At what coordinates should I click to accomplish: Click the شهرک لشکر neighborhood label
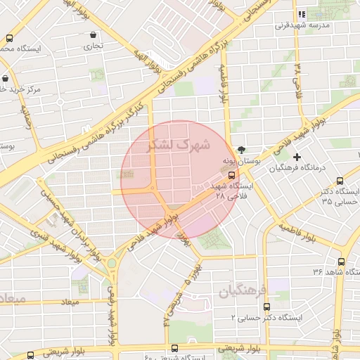(x=179, y=146)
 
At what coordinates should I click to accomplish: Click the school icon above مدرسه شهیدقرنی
(x=302, y=14)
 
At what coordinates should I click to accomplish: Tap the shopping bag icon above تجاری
(x=94, y=34)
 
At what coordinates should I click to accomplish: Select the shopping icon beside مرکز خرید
(x=6, y=78)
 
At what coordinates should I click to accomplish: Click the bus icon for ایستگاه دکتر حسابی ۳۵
(x=340, y=181)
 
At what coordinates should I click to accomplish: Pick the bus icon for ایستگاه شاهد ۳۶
(x=355, y=271)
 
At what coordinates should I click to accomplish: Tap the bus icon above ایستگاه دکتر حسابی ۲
(x=266, y=307)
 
